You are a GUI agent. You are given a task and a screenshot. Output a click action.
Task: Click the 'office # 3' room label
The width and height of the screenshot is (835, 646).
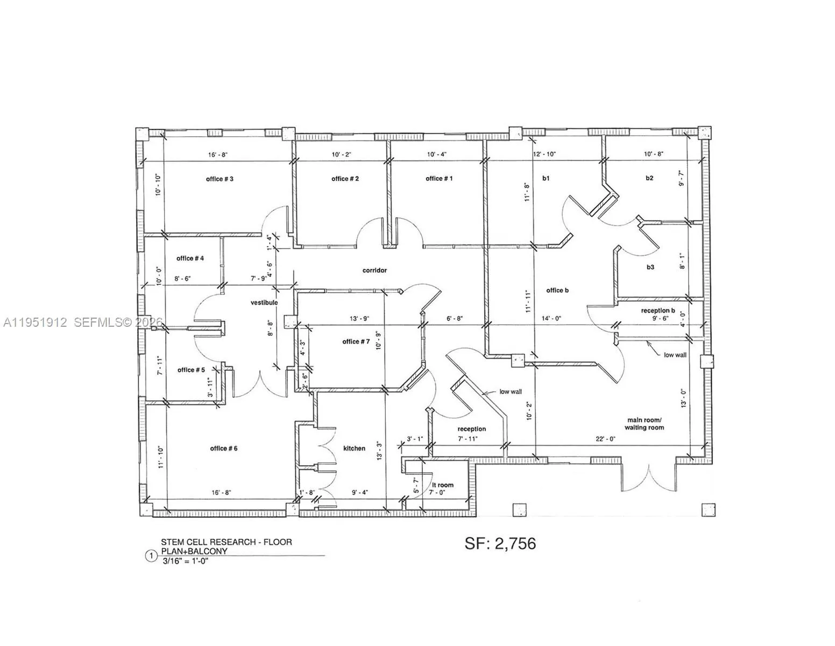click(x=220, y=179)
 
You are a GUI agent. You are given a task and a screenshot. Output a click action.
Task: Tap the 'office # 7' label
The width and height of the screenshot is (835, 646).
click(x=356, y=342)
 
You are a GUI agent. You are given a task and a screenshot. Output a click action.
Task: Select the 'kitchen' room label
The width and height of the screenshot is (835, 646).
click(x=354, y=448)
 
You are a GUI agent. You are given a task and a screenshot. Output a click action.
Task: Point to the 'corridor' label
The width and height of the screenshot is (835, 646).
click(x=374, y=270)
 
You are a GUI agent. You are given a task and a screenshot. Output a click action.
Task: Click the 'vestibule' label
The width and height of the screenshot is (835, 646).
click(x=264, y=303)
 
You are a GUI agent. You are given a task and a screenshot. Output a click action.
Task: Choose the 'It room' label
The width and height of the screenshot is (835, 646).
click(x=443, y=485)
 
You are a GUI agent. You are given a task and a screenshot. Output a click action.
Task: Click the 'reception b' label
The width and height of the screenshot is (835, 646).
click(x=657, y=311)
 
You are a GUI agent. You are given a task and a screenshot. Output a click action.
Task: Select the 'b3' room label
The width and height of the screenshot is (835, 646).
click(x=650, y=267)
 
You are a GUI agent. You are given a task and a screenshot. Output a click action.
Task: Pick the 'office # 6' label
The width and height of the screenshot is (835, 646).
click(x=224, y=448)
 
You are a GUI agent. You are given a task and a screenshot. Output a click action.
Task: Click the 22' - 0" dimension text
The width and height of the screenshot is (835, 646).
click(x=604, y=439)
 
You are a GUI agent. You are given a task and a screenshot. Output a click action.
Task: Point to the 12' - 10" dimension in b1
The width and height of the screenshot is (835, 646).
click(x=544, y=154)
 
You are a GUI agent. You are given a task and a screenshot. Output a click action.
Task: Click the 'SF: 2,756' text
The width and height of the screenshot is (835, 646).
click(x=500, y=544)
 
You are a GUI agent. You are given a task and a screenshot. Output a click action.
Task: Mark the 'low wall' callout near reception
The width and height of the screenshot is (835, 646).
click(x=510, y=392)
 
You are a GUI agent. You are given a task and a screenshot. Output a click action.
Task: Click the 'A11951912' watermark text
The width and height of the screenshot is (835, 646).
click(x=35, y=322)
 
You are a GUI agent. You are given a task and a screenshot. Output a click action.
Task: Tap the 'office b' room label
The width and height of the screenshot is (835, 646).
click(x=557, y=291)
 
